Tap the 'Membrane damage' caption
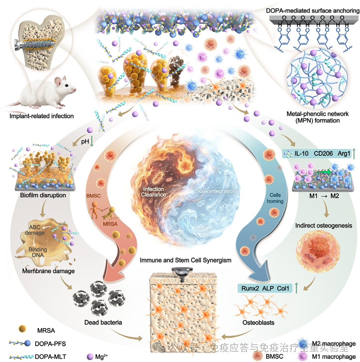coord(48,271)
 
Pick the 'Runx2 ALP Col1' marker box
coord(263,288)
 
